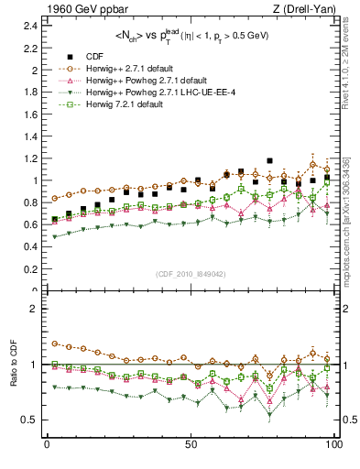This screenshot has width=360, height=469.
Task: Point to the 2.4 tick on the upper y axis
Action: pos(31,25)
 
